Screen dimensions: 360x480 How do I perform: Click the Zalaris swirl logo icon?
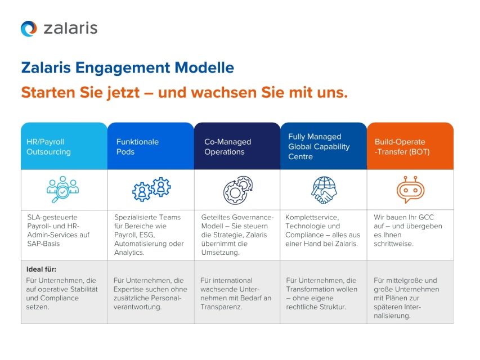[29, 29]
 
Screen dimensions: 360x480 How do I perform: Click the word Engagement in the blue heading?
[122, 68]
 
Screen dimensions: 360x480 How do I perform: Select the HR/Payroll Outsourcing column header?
[64, 146]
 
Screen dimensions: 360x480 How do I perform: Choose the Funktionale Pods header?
[151, 146]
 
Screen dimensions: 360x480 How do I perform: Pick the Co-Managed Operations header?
[237, 146]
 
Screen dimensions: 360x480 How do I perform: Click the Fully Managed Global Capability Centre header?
[324, 146]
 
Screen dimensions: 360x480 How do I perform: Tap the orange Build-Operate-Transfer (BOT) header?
[410, 146]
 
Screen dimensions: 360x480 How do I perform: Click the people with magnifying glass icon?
[62, 190]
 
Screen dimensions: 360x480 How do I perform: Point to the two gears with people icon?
[151, 190]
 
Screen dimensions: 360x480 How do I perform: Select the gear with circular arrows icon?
[237, 190]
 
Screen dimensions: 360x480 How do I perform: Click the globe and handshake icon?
[324, 190]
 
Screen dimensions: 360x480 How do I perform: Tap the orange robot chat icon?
[410, 190]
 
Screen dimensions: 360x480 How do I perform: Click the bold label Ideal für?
[42, 269]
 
